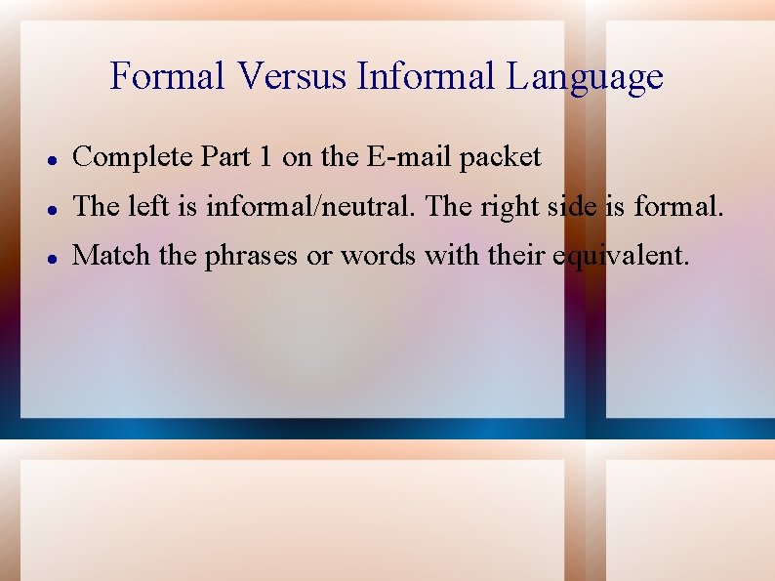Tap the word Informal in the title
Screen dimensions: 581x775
(427, 76)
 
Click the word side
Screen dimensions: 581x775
(567, 206)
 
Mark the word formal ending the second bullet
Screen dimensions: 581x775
(678, 206)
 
